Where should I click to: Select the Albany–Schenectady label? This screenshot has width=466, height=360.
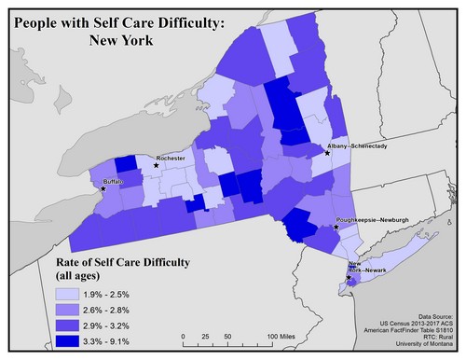(357, 146)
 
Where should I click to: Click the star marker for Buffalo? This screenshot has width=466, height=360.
(103, 188)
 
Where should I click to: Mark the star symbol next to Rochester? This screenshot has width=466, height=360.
(156, 166)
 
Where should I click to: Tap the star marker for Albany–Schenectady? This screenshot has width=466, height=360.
(327, 154)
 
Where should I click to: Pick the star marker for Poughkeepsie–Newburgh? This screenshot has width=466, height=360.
(336, 227)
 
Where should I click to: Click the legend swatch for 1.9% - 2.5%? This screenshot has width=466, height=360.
(75, 295)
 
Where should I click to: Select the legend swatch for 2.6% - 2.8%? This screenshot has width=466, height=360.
(75, 311)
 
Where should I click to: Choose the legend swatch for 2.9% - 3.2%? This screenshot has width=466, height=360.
(75, 326)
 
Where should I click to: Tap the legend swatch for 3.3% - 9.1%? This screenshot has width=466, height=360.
(75, 342)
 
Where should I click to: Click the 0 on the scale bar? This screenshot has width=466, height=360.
(184, 336)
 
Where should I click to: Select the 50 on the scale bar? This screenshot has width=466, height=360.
(227, 336)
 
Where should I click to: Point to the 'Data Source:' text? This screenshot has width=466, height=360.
(437, 317)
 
